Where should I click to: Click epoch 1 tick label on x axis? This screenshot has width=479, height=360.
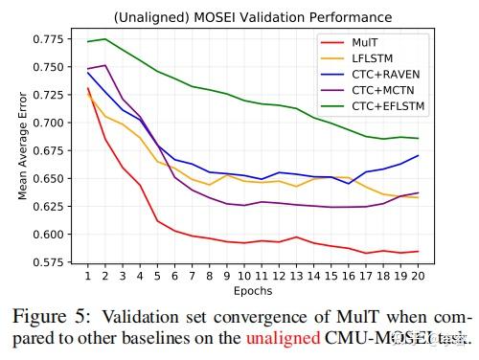point(88,275)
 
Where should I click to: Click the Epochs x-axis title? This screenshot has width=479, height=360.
point(253,289)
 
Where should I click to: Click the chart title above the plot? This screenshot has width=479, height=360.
point(253,17)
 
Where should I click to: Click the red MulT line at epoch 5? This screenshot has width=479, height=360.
point(157,220)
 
